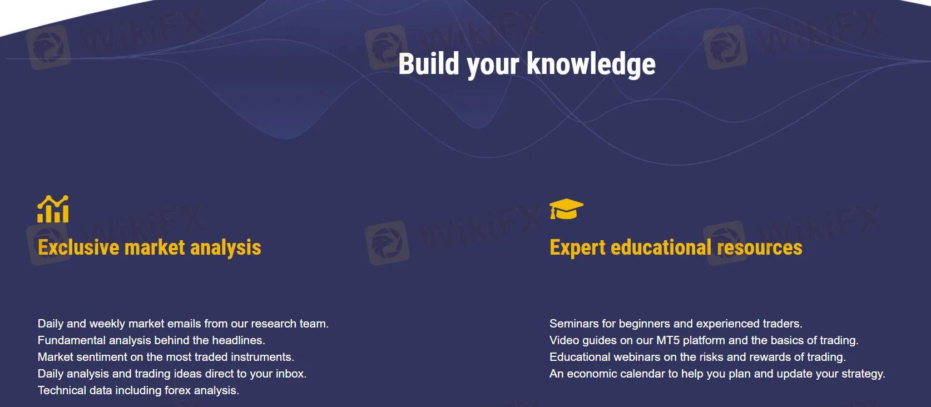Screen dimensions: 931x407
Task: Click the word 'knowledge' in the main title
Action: point(591,65)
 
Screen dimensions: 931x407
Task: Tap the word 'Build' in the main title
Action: point(429,63)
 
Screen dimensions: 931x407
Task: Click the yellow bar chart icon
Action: point(53,209)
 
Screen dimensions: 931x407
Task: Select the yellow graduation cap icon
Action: point(566,209)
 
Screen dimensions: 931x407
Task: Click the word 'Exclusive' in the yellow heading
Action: point(78,247)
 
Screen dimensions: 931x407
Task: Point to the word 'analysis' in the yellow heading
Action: point(226,248)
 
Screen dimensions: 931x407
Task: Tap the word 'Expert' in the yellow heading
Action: point(577,248)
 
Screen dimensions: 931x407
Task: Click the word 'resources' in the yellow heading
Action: point(760,248)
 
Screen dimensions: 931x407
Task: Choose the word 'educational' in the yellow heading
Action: point(661,247)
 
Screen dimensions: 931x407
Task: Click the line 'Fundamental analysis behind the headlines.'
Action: point(151,340)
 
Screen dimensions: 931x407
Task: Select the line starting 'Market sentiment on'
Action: point(166,357)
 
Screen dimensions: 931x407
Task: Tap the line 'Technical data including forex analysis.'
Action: point(138,390)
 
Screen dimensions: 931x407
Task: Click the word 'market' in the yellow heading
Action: point(155,247)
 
